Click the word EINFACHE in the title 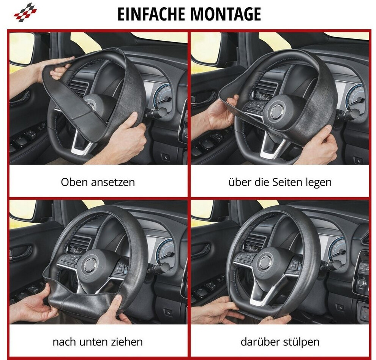151,14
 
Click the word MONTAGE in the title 226,14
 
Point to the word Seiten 287,182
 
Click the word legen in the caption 319,183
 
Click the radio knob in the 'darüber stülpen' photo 363,281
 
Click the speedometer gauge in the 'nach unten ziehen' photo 165,250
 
